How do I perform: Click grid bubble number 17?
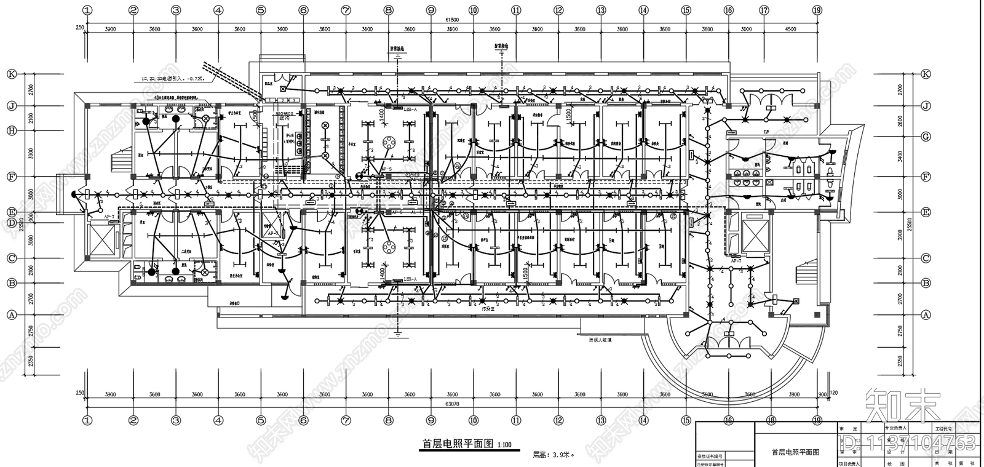tap(764, 10)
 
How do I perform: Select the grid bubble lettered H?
tap(11, 130)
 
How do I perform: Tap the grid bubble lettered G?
tap(926, 137)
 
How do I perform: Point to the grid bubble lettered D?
tap(11, 222)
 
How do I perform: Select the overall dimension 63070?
tap(452, 404)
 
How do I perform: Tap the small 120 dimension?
tap(834, 393)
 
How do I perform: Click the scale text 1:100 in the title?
tap(504, 444)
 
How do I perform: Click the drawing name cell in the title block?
tap(795, 452)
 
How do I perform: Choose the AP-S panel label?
tap(386, 169)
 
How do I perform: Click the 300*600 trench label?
tap(286, 113)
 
